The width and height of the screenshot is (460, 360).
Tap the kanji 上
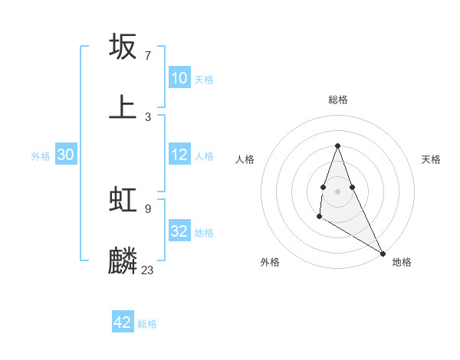coord(123,106)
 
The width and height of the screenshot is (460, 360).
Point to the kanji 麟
coord(123,260)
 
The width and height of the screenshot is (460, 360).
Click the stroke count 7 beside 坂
coord(147,56)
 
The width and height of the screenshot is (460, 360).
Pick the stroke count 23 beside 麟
coord(147,270)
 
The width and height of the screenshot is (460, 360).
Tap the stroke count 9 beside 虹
coord(147,208)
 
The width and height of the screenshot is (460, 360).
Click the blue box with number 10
coord(179,78)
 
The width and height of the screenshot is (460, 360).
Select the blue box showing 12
coord(179,155)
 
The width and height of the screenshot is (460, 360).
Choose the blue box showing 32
coord(179,231)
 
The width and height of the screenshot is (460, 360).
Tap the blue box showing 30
coord(65,155)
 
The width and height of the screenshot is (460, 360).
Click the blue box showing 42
coord(123,322)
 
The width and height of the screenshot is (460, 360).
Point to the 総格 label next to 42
coord(147,324)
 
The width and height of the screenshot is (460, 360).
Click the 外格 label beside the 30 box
coord(41,156)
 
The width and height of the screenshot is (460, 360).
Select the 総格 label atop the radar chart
coord(338,100)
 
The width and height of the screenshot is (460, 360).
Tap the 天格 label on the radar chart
coord(432,159)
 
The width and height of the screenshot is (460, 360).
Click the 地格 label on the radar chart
coord(402,262)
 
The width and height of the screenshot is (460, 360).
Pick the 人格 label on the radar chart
coord(245,159)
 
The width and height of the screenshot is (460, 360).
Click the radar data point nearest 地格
coord(383,253)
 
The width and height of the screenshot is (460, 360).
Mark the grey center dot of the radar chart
coord(338,191)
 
